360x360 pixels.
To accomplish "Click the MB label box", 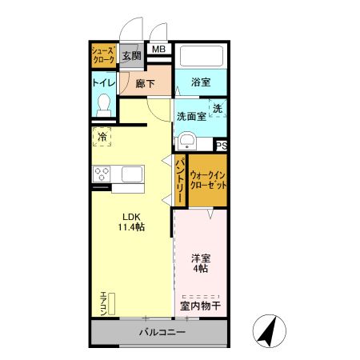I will pos(159,50).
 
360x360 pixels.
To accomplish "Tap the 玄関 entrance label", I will pos(132,56).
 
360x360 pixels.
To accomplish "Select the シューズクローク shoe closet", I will pos(103,56).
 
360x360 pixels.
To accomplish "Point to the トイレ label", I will pos(104,82).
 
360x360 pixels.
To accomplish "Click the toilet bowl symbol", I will pos(103,106).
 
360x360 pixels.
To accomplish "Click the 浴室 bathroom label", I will pos(201,82).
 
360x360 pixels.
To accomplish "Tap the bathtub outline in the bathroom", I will pos(201,57).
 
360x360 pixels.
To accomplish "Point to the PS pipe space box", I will pos(221,145).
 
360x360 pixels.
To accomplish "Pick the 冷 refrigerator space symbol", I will pos(102,138).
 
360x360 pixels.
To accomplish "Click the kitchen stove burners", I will pos(102,174).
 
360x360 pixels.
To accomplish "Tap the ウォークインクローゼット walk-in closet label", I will pos(207,179).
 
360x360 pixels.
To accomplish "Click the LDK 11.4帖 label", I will pos(132,222).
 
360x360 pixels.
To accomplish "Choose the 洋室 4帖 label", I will pos(200,263).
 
